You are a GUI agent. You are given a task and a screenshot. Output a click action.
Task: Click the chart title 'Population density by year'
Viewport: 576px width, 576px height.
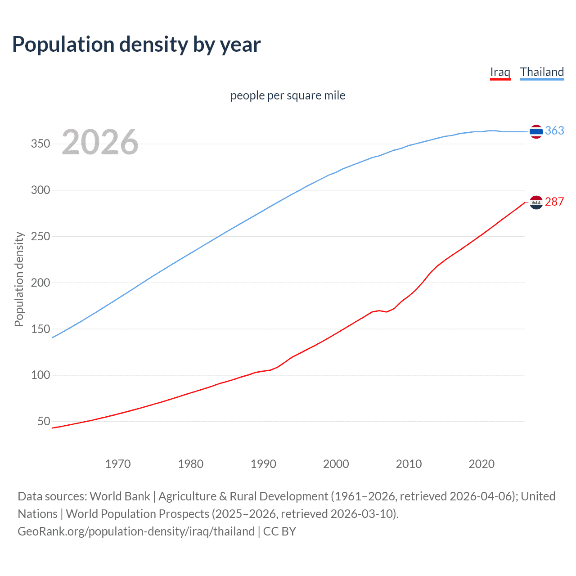coord(136,45)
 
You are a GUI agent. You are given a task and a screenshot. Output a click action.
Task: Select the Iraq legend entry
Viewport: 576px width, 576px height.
coord(500,72)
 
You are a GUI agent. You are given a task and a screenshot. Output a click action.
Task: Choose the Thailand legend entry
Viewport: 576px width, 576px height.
coord(542,72)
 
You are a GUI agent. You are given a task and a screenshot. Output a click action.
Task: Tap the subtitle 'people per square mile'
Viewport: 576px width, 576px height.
coord(288,95)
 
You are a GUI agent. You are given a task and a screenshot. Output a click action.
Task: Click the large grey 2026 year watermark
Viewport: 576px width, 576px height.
coord(100,142)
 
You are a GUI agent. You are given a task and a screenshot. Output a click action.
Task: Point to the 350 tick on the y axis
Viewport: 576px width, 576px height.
coord(40,144)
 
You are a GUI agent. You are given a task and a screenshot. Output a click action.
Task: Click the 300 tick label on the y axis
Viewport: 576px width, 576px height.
coord(40,190)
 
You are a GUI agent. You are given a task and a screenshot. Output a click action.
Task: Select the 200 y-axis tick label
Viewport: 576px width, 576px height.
coord(40,283)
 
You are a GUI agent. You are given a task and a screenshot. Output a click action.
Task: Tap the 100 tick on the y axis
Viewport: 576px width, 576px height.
coord(40,375)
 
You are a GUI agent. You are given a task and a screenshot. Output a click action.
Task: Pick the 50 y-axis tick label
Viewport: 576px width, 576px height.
coord(44,422)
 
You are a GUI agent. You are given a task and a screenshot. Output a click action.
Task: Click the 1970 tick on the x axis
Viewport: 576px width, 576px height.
coord(118,464)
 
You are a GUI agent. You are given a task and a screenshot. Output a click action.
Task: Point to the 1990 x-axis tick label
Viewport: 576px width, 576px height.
coord(263,464)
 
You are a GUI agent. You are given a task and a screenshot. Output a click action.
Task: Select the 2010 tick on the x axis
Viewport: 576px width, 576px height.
coord(409,464)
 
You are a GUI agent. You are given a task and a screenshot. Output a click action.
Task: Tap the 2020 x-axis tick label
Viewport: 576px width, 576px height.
coord(481,464)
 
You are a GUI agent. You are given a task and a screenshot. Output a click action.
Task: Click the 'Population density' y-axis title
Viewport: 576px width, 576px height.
coord(19,279)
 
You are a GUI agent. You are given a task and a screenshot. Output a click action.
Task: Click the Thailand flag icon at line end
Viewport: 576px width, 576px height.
coord(536,131)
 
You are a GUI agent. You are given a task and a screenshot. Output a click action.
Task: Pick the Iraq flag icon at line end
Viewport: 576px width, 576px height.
coord(536,202)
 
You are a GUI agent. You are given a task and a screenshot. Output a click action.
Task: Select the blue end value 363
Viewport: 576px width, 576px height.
coord(554,130)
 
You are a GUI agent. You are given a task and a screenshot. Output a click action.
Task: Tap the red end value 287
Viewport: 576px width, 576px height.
coord(554,202)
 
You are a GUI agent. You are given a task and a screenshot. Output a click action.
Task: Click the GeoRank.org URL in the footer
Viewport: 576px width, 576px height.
coord(136,531)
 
